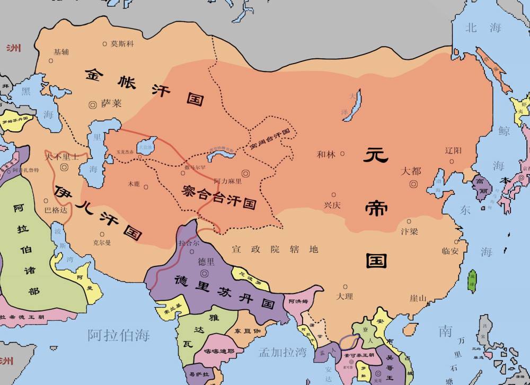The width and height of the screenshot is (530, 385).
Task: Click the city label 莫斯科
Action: click(121, 43)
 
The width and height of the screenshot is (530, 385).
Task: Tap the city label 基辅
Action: click(61, 52)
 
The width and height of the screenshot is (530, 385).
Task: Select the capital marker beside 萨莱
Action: click(93, 104)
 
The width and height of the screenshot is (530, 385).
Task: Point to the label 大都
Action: click(411, 172)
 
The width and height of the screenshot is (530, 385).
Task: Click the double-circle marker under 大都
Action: click(413, 184)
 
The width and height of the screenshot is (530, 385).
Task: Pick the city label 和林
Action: click(326, 155)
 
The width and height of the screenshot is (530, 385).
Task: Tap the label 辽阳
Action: click(454, 150)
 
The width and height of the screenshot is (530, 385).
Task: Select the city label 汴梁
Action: click(409, 231)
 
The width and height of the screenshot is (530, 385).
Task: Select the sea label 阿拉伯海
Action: click(119, 335)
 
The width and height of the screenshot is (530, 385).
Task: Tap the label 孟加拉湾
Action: click(282, 352)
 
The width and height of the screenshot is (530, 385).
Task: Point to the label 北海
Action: click(483, 28)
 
